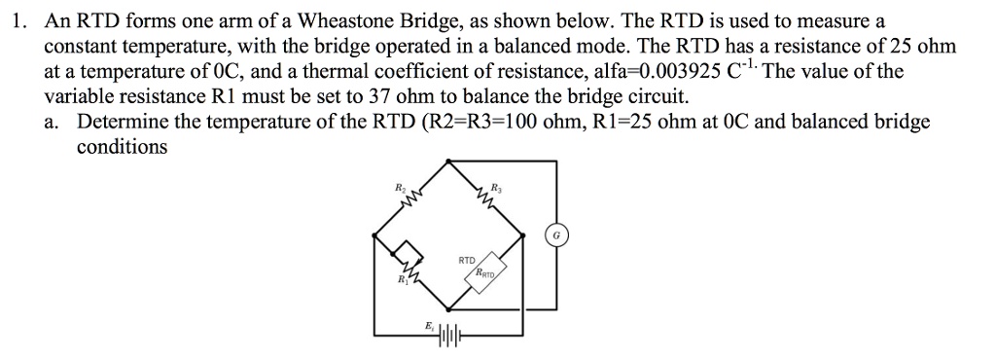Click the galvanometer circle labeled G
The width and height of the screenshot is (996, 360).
click(556, 234)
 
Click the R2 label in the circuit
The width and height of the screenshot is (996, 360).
click(399, 185)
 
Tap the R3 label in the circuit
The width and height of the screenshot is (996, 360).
click(496, 185)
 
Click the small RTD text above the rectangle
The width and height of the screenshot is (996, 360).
click(466, 261)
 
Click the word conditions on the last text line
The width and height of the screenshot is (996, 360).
click(122, 147)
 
